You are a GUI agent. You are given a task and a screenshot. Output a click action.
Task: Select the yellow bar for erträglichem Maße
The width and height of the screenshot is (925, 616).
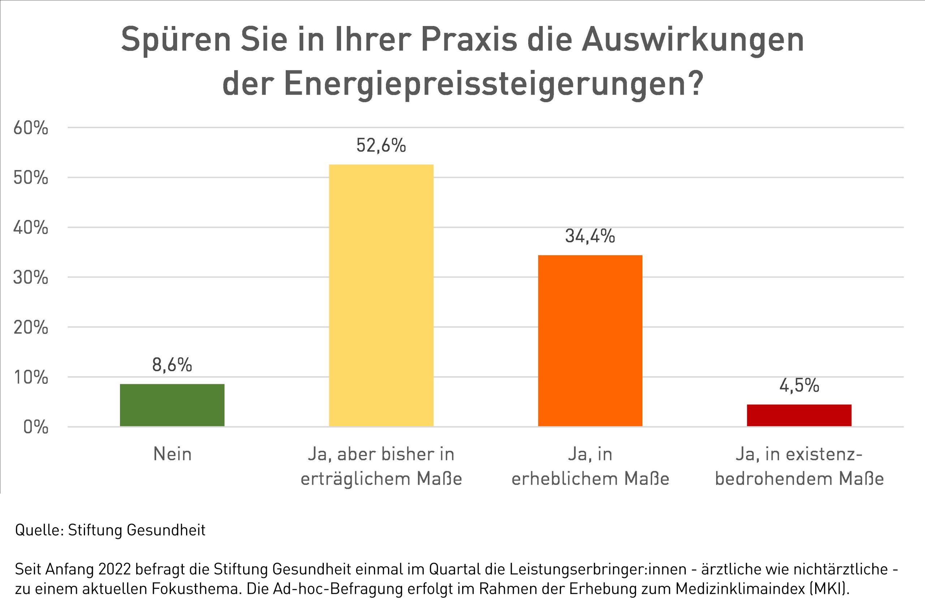(381, 295)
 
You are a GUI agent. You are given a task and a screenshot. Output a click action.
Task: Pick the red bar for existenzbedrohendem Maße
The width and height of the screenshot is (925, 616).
(799, 415)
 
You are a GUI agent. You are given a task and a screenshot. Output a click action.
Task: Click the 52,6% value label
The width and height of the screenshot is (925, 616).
(381, 146)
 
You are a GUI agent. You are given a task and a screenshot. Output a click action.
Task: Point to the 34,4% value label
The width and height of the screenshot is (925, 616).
(590, 236)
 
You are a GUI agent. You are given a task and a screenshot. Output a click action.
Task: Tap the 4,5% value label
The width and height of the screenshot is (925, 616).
(799, 385)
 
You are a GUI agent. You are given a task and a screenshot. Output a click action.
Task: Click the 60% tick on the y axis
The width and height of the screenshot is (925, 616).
(31, 128)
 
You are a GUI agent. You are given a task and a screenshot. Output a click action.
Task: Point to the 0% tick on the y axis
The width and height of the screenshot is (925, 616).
(36, 427)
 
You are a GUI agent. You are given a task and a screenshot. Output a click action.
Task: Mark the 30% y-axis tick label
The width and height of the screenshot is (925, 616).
(31, 278)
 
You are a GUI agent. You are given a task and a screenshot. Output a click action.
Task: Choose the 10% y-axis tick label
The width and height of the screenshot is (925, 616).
(31, 377)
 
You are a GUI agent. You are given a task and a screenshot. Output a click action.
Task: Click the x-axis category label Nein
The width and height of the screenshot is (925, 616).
(172, 455)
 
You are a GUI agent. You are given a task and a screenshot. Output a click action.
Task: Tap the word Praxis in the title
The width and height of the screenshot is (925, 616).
(469, 40)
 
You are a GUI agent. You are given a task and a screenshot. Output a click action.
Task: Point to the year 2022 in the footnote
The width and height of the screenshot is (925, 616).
(117, 569)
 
